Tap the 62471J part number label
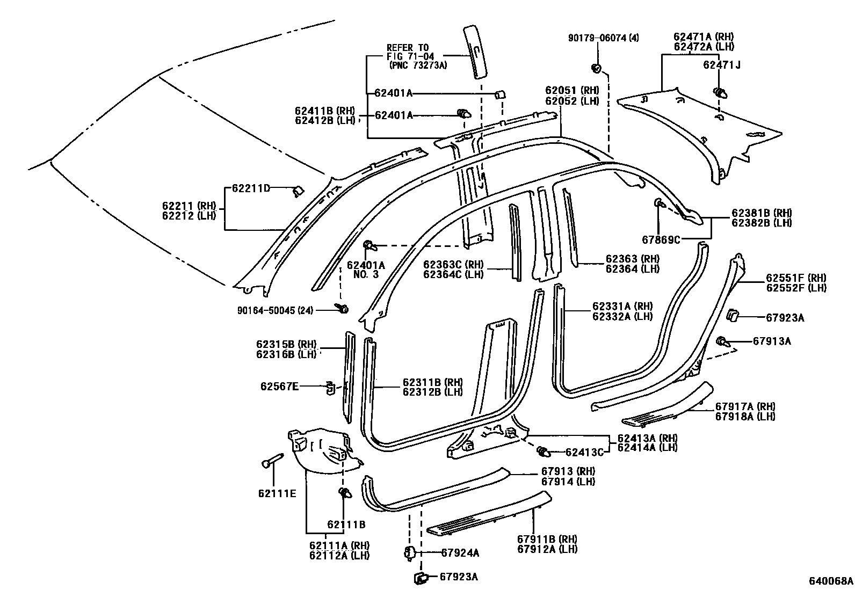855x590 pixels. pos(721,65)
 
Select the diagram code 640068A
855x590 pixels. pos(831,581)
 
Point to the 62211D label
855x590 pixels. pos(251,188)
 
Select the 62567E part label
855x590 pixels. pos(280,386)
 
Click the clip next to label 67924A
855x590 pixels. pos(409,552)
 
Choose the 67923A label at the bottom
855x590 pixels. pos(459,577)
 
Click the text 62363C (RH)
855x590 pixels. pos(453,264)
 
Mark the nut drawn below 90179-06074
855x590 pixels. pos(596,68)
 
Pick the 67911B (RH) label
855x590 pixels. pos(547,538)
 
